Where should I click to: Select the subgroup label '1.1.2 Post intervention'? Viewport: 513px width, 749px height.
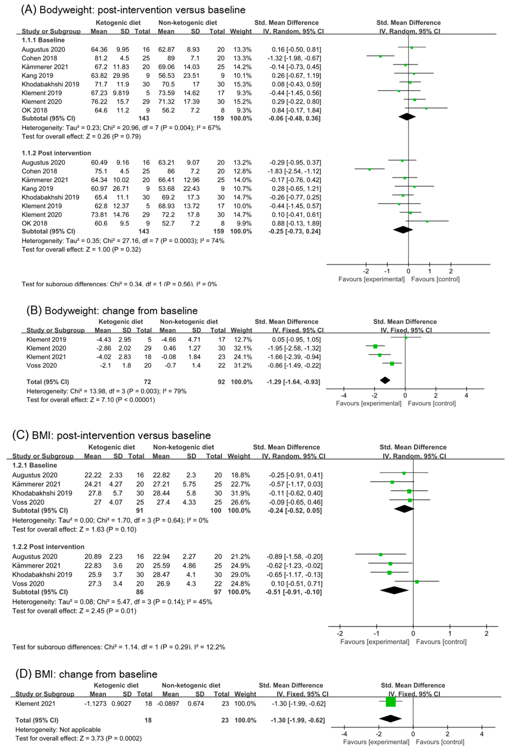point(56,153)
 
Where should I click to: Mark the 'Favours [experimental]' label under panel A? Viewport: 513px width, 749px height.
point(371,279)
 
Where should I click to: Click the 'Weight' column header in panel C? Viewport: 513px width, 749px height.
point(239,456)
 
